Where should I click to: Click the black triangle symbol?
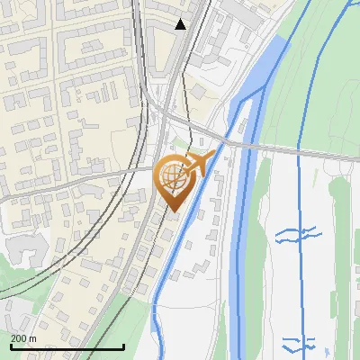pyautogui.click(x=180, y=24)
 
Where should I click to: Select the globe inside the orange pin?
pyautogui.click(x=173, y=176)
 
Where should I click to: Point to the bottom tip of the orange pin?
pyautogui.click(x=173, y=211)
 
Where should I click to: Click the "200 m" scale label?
pyautogui.click(x=23, y=337)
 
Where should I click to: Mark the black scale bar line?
pyautogui.click(x=67, y=346)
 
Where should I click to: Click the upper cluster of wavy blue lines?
pyautogui.click(x=297, y=236)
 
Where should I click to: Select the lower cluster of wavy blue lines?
pyautogui.click(x=299, y=343)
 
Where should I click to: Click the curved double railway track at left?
pyautogui.click(x=54, y=252)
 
